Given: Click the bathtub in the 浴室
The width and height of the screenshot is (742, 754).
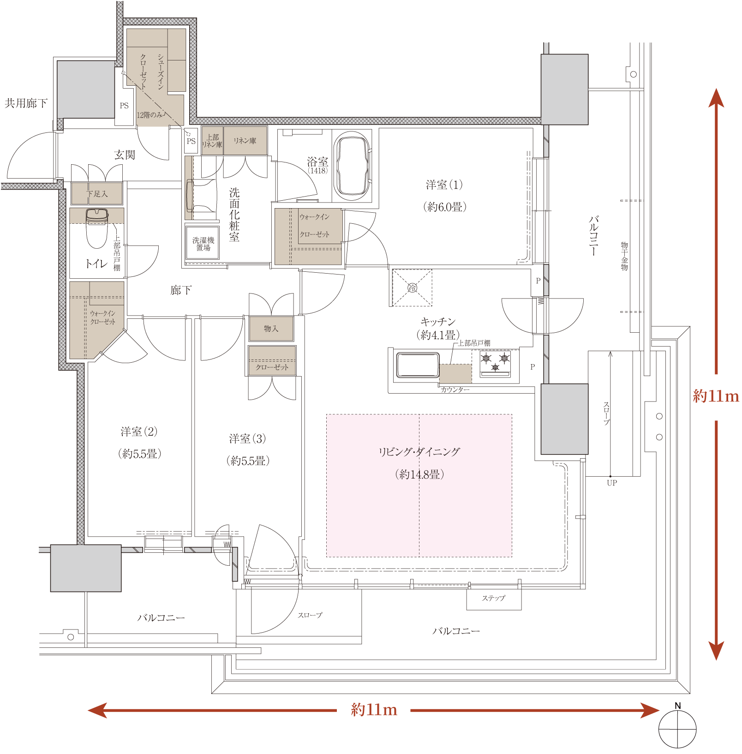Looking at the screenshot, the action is (353, 167).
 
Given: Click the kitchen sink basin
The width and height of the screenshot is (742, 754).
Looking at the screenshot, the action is (418, 365).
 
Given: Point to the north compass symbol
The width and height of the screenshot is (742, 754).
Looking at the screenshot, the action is (677, 728).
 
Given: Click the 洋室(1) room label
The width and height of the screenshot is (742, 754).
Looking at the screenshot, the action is (444, 185).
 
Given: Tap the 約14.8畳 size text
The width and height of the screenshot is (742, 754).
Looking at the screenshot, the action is (419, 474).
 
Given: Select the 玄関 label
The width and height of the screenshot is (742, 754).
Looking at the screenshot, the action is (125, 155).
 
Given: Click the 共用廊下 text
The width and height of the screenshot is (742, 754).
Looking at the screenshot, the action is (26, 103).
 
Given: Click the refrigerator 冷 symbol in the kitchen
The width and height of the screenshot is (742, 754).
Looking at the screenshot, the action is (412, 288).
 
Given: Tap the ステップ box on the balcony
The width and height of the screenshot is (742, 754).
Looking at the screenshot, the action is (494, 599).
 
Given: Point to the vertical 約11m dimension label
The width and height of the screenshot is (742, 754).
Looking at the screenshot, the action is (716, 396).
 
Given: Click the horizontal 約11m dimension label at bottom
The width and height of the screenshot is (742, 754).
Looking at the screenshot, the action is (374, 709).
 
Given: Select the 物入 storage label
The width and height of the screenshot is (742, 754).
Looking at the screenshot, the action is (271, 329).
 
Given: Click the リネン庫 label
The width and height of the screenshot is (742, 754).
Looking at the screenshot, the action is (245, 141).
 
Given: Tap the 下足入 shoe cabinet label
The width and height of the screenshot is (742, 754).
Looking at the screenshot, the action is (97, 194).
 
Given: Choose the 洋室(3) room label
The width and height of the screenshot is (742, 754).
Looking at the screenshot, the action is (247, 438).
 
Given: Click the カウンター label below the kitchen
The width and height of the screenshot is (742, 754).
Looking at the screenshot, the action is (455, 390).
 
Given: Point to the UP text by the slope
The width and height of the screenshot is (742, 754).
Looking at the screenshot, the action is (612, 483).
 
